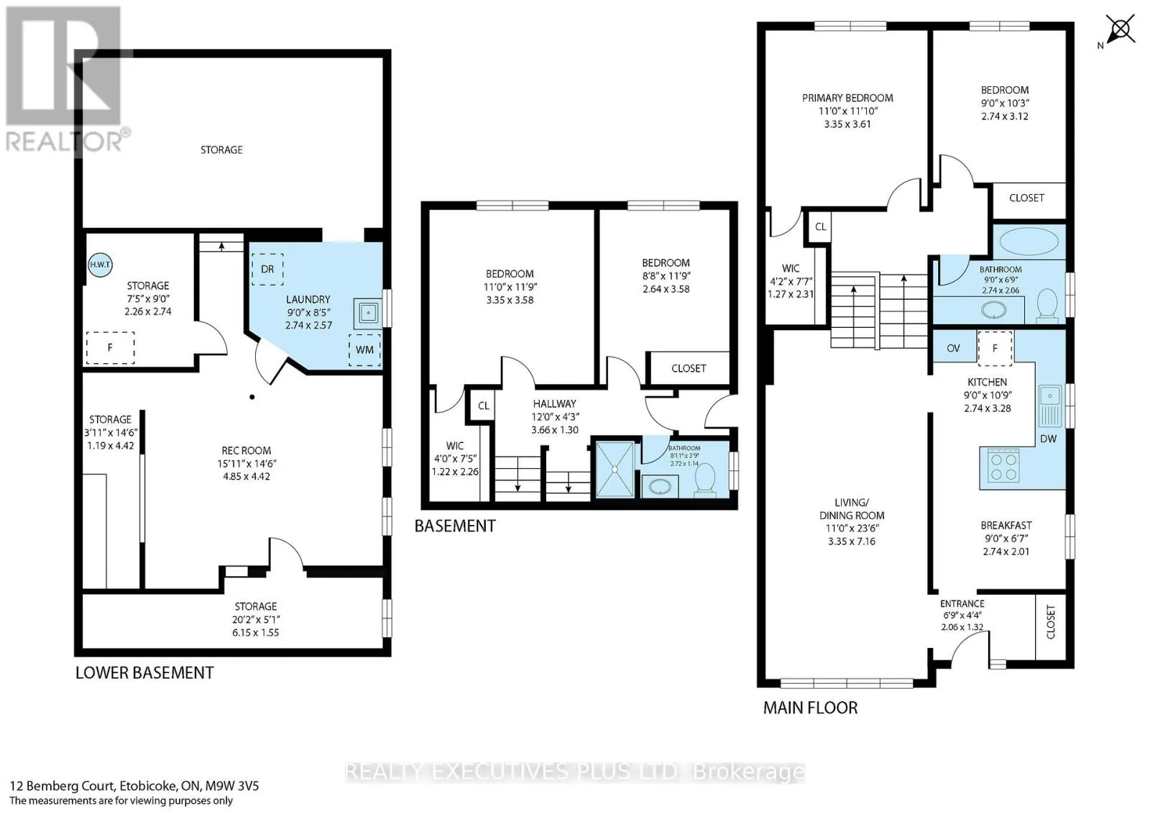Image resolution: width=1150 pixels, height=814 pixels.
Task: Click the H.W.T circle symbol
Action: [x=101, y=265]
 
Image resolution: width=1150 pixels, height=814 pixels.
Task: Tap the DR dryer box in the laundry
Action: [x=267, y=269]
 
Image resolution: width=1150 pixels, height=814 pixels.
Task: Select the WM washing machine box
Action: [x=364, y=349]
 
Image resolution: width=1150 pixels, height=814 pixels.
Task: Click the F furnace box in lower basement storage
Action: [x=110, y=348]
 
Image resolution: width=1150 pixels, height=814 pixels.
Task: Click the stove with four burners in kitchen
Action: [x=1004, y=465]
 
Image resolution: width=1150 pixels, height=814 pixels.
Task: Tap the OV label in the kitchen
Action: [x=953, y=348]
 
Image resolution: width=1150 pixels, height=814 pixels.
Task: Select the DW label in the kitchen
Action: [x=1048, y=438]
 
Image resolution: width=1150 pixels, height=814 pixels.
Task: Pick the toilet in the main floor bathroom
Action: [x=1048, y=303]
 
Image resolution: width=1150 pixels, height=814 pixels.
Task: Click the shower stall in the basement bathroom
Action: [x=615, y=468]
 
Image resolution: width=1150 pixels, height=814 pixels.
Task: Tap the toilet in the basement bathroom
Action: [x=706, y=478]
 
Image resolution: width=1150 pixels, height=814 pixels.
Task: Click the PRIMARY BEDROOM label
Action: [x=847, y=98]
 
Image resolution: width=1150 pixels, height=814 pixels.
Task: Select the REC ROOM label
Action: [x=246, y=450]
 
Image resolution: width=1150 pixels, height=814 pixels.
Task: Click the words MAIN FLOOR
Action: [x=810, y=708]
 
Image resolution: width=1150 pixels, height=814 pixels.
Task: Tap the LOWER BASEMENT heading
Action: [x=144, y=673]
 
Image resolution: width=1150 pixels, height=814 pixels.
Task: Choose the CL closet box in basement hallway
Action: [x=484, y=406]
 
